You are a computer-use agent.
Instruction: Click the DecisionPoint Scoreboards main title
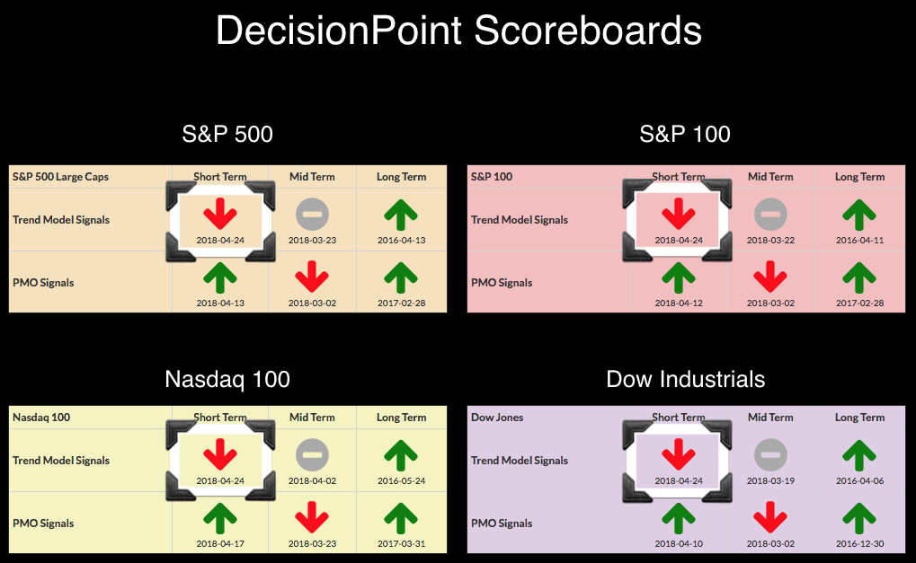point(458,31)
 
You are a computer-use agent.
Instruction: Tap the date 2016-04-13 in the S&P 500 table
point(401,240)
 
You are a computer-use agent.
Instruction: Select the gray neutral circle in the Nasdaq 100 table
point(312,454)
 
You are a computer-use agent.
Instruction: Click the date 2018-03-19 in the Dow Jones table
point(770,480)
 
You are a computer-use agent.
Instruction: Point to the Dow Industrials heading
point(685,379)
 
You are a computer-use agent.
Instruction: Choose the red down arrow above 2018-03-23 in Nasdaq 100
point(312,518)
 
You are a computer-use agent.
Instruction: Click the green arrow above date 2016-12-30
point(859,518)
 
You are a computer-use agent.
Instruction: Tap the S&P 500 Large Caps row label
point(61,177)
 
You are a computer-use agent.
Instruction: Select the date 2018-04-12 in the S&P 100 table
point(679,303)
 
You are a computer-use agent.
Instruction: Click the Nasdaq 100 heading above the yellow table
point(227,379)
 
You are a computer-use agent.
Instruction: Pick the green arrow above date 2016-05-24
point(401,454)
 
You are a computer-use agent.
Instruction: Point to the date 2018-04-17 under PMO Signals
point(220,544)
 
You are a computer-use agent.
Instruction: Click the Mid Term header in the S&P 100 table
point(770,177)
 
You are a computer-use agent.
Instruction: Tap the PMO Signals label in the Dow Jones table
point(502,523)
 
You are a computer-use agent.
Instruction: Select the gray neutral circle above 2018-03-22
point(770,214)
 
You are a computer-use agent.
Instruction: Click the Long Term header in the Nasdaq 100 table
point(401,418)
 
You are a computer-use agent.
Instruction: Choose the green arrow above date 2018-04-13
point(220,277)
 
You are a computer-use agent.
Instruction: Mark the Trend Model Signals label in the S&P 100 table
point(520,220)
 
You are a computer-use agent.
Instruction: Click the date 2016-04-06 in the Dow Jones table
point(860,480)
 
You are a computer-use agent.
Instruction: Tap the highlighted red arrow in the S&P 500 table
point(220,214)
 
